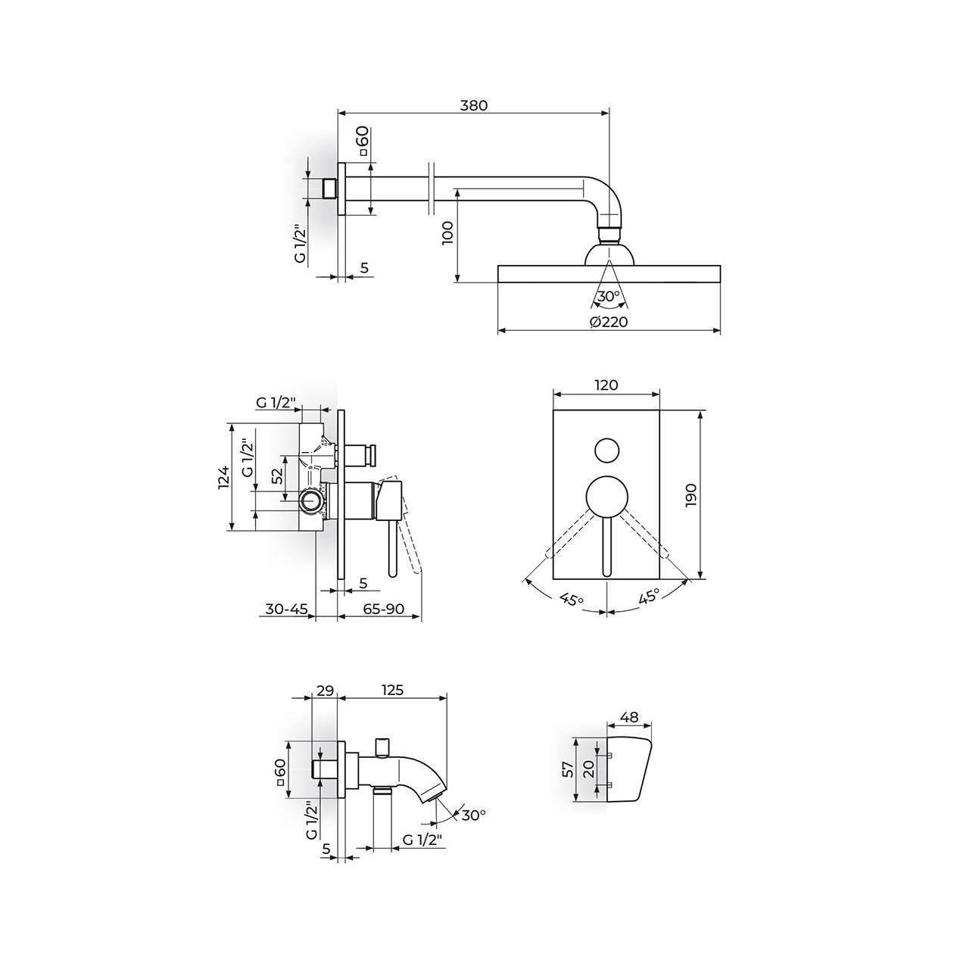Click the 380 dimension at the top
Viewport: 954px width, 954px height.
coord(473,105)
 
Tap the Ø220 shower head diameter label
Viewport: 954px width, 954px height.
coord(609,322)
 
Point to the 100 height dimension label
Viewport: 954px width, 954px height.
coord(447,232)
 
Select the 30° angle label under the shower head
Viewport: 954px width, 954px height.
coord(609,296)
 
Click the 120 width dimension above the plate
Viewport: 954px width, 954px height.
coord(606,385)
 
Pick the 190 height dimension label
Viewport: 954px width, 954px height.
coord(691,494)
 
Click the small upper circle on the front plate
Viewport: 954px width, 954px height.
coord(607,450)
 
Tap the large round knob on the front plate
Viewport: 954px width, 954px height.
coord(607,497)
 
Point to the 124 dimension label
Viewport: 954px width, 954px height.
coord(224,477)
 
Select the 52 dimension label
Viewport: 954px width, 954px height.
coord(278,475)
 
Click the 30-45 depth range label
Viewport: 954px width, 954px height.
coord(287,609)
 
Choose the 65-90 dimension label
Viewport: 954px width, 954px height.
coord(384,609)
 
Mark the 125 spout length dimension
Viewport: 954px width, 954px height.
coord(393,690)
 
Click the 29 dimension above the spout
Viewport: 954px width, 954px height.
coord(326,690)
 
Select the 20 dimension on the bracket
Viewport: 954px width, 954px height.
coord(588,768)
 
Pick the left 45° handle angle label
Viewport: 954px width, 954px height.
coord(572,599)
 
